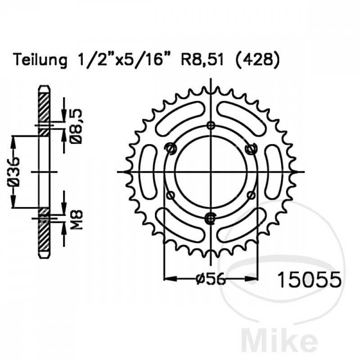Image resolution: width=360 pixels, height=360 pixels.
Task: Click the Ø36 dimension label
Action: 14,172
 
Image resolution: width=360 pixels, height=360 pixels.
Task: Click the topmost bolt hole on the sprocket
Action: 211,125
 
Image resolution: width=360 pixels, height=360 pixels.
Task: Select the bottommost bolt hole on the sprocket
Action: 211,218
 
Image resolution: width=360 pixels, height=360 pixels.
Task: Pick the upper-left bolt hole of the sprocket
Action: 170,148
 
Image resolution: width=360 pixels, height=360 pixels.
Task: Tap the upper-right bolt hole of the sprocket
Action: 251,148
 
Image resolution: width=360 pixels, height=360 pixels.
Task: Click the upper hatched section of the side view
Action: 44,106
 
